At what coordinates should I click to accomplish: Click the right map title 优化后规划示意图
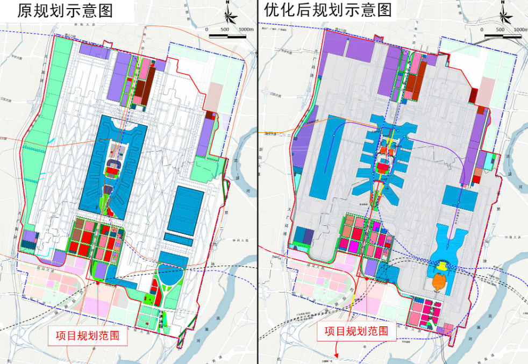coord(328,10)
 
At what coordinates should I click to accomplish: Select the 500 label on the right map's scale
coord(501,30)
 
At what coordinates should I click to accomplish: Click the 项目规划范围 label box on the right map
coord(360,331)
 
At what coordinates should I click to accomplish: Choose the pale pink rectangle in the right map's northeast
coord(487,89)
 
